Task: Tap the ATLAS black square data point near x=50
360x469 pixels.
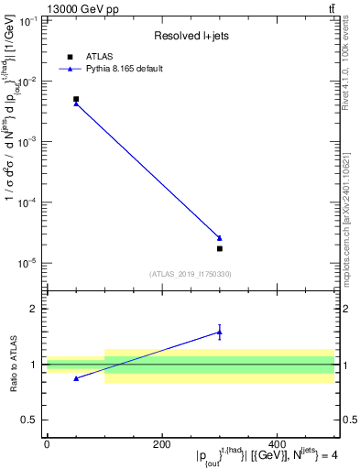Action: coord(76,99)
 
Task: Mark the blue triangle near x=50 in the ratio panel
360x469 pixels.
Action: coord(76,378)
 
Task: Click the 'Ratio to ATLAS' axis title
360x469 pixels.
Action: coord(12,365)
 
